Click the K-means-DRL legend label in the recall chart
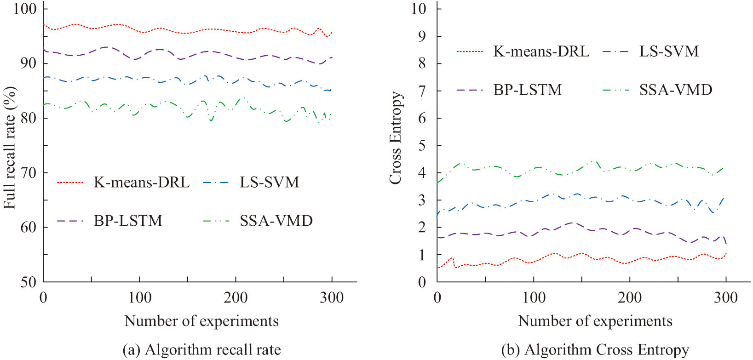point(142,183)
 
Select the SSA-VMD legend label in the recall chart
point(276,221)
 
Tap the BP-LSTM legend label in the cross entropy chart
point(528,90)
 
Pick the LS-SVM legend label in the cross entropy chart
point(669,51)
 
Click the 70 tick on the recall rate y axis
point(29,173)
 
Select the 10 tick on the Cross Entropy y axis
point(419,9)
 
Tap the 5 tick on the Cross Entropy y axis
point(422,146)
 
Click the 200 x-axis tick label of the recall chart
point(236,298)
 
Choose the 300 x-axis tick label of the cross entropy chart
point(725,298)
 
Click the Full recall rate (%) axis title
point(10,147)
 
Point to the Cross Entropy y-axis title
point(396,138)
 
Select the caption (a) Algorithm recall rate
point(201,350)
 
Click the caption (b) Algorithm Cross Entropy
point(595,350)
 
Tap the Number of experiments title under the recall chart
point(201,321)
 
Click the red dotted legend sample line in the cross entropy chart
point(470,51)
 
